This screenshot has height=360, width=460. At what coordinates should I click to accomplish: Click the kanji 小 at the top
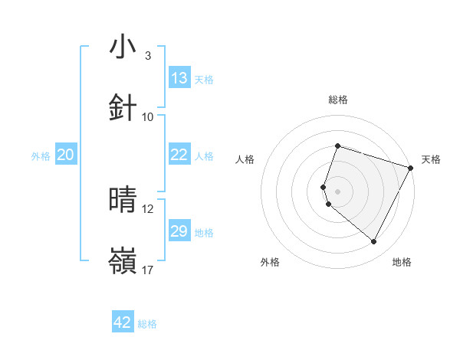123,47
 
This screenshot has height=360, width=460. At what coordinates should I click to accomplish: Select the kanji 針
123,107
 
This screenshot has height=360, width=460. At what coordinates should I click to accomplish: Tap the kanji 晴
123,201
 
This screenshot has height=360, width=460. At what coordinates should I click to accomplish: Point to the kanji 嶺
123,260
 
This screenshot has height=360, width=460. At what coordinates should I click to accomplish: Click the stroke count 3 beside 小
147,56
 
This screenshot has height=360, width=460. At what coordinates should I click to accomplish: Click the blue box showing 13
179,78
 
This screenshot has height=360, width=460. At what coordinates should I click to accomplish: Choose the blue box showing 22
179,155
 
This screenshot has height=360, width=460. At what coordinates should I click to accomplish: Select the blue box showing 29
179,231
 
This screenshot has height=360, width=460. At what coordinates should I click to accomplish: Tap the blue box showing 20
66,155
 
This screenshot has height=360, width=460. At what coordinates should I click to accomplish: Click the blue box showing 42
123,322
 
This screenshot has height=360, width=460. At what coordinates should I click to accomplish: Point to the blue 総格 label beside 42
147,324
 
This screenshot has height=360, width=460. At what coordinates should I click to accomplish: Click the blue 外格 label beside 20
41,156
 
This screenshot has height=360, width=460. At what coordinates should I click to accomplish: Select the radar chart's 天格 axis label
431,159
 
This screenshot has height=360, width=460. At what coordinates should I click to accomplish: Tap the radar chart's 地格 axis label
402,262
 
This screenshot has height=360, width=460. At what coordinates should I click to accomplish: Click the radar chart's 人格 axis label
245,159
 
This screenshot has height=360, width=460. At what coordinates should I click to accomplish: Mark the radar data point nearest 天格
411,167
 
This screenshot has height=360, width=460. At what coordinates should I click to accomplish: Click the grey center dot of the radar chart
337,191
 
